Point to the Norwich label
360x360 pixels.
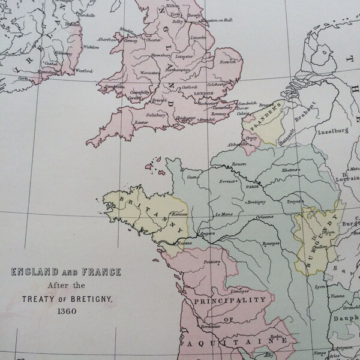coord(228,62)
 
